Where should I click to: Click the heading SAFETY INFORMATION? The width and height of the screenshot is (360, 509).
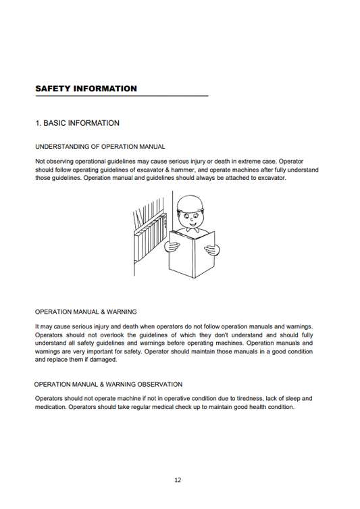point(86,89)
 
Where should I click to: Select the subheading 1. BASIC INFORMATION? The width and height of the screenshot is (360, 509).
point(77,123)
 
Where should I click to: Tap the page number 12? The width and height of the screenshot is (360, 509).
point(177,480)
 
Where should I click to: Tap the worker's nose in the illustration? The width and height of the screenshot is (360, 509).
point(195,220)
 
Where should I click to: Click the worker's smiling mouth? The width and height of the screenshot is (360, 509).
point(195,226)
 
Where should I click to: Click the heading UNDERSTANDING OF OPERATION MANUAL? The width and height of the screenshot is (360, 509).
point(100,146)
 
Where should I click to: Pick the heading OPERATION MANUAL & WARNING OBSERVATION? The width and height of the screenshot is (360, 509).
point(108,384)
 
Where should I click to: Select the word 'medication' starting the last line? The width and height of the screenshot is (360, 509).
point(51,408)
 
